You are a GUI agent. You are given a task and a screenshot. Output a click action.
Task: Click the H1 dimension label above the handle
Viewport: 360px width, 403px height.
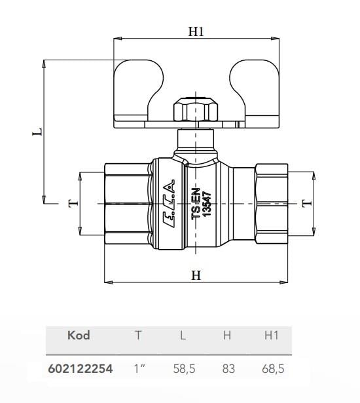point(196,31)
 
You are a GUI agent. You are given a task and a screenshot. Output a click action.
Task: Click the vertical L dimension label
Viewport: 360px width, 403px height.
point(37,131)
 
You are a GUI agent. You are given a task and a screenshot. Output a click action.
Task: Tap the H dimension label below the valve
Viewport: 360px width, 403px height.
point(196,275)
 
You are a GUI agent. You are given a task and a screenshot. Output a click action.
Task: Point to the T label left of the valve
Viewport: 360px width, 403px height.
point(73,203)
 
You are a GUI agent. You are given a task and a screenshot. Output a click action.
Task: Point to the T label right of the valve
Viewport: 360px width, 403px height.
point(307,203)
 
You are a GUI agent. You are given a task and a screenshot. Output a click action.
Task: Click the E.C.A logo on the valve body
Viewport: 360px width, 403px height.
point(170,203)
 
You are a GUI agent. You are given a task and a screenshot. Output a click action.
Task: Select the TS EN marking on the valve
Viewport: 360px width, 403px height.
point(196,204)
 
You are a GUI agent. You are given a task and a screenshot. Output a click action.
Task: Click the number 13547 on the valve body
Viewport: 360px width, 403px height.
point(207,204)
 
